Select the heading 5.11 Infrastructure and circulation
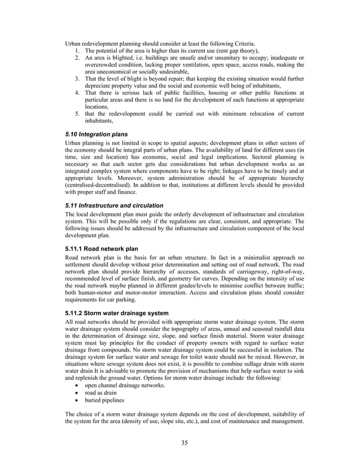(114, 205)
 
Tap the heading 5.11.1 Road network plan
(101, 248)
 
